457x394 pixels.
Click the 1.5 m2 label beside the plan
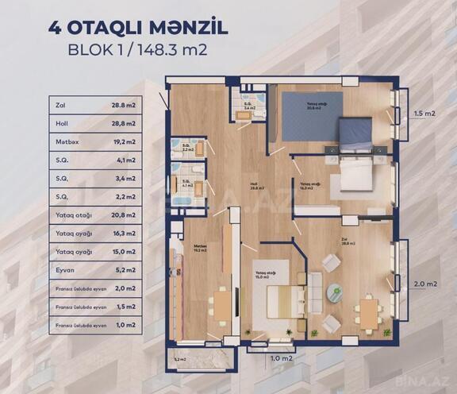pos(425,114)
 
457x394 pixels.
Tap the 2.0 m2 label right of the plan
pos(425,284)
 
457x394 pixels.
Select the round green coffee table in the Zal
pos(336,292)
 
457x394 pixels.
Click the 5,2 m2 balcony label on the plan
pos(181,359)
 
